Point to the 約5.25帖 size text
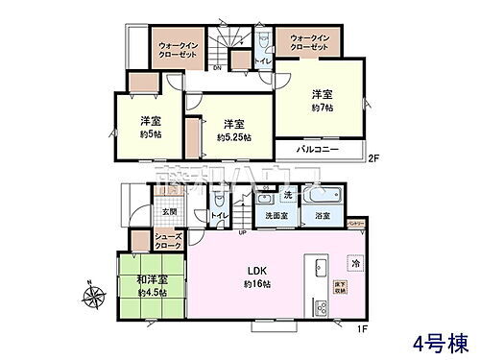coord(233,137)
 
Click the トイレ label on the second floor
coord(262,61)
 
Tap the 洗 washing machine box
coord(287,196)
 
